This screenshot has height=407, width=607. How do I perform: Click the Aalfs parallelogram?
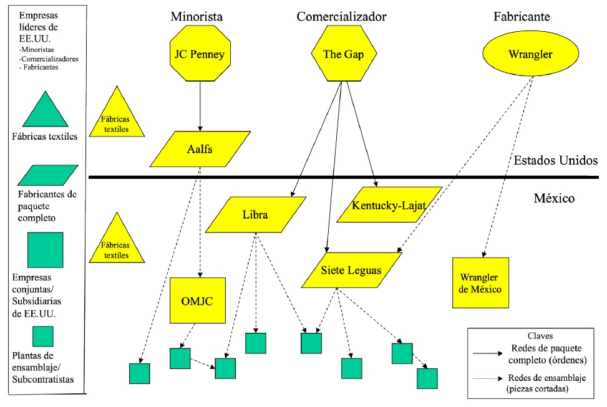point(201,149)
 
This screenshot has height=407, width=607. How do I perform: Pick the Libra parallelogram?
point(255,215)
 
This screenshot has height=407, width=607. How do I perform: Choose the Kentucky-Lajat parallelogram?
point(389,205)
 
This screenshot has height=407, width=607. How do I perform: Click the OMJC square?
point(197,300)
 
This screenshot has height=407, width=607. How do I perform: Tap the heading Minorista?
point(197,16)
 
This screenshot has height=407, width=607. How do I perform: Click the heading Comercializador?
point(341,16)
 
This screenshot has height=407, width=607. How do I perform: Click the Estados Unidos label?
point(556,161)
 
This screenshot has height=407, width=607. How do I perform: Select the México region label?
point(554,199)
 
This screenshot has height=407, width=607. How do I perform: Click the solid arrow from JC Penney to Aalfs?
point(200,106)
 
